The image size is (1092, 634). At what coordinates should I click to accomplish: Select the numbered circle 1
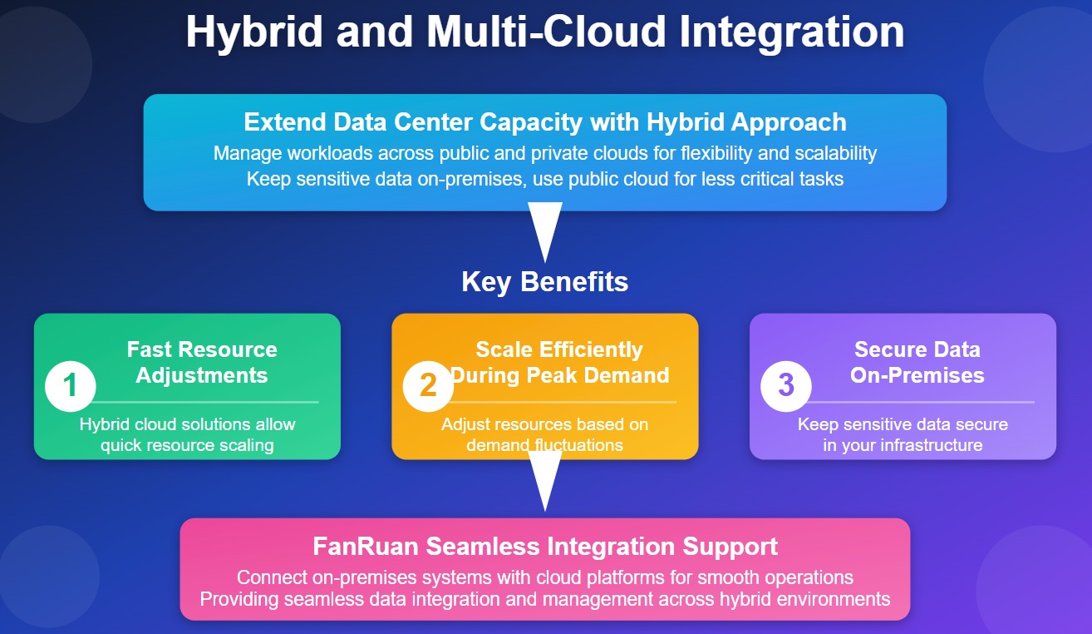71,386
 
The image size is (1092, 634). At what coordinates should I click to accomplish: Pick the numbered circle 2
428,386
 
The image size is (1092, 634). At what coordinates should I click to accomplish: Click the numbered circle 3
786,386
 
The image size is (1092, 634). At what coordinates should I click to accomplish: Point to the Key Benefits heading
545,282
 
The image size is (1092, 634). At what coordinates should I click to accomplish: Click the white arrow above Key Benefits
545,232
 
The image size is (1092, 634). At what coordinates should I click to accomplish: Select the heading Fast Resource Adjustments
202,362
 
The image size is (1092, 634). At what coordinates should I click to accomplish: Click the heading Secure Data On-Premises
917,362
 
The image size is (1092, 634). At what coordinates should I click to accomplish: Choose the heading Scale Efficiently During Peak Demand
559,362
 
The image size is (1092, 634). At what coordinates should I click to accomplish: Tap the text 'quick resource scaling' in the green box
187,445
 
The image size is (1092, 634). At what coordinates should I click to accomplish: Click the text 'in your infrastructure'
903,445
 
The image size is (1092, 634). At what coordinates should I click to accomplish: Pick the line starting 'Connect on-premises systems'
545,577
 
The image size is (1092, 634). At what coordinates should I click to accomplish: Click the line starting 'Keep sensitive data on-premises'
545,178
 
